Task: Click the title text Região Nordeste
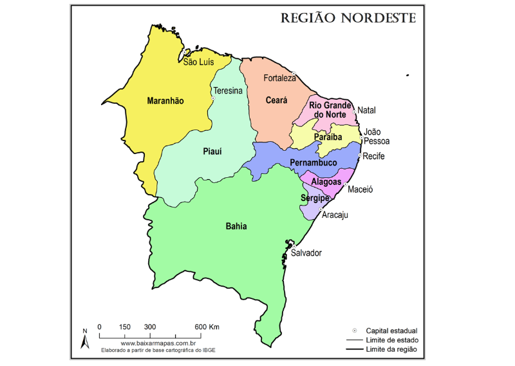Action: pos(348,17)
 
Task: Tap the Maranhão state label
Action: pos(165,101)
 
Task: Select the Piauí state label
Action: pos(212,151)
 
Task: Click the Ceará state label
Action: pos(276,101)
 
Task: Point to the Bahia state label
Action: pos(236,226)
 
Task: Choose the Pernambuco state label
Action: pos(314,162)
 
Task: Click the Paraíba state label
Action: pos(327,137)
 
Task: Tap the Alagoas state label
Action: pos(326,182)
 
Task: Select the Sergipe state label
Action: pos(315,198)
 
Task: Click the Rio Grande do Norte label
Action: pos(330,110)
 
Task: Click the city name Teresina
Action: pos(228,91)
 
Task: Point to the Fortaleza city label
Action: pos(280,78)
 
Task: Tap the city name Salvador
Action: pos(306,253)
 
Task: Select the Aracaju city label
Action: pos(335,215)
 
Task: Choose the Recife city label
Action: pos(373,157)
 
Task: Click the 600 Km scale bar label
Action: pos(207,327)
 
